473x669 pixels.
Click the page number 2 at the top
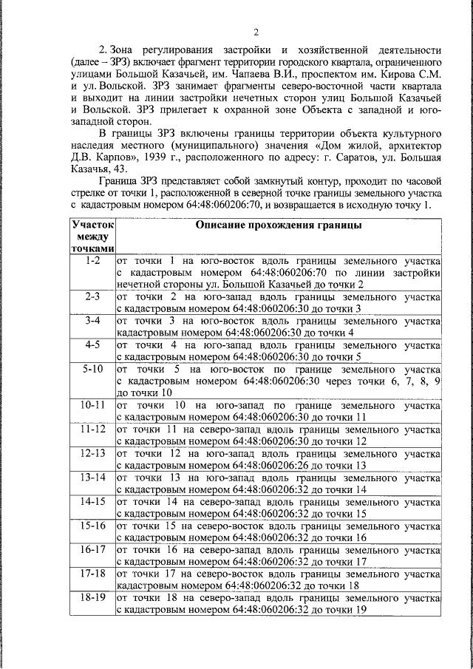(256, 31)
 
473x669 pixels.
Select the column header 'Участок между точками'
(92, 237)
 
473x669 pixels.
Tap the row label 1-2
(92, 262)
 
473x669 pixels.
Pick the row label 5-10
(92, 368)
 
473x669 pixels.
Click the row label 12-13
(92, 452)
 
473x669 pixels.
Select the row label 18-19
(92, 597)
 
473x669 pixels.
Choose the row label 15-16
(92, 525)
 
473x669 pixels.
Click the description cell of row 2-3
(278, 302)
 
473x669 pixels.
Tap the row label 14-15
(92, 501)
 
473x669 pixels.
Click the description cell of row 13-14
(278, 483)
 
